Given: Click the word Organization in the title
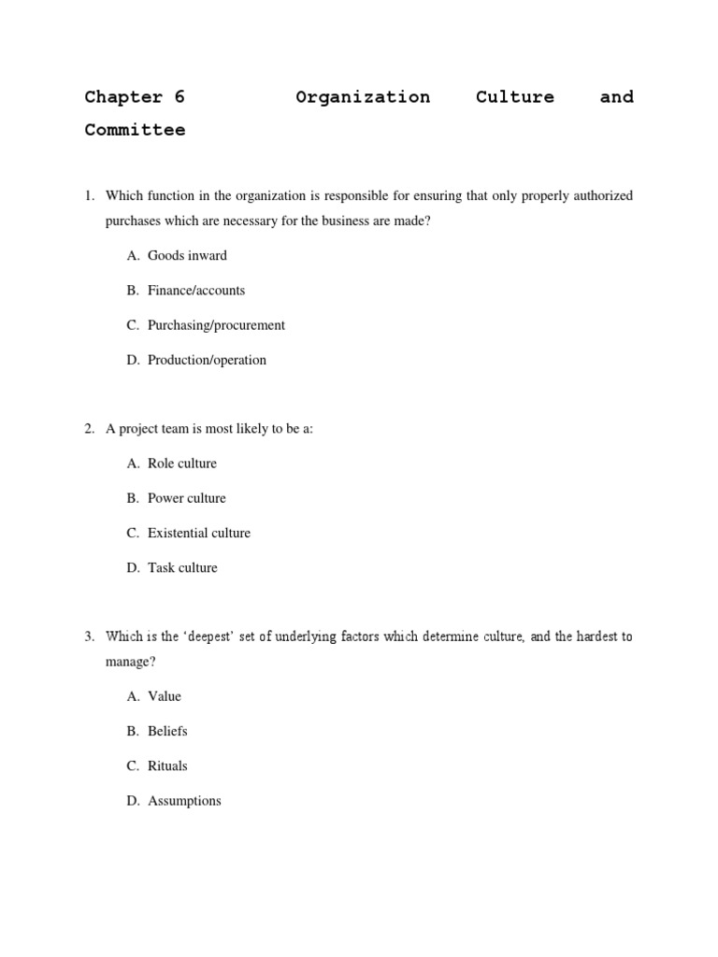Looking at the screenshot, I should point(363,97).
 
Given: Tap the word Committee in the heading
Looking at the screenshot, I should point(135,131).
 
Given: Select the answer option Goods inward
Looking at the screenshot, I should point(187,255).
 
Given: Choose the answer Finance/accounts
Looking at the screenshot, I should point(196,290).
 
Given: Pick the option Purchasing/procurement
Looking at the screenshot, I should point(216,325).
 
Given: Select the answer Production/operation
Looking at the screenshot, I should point(207,360).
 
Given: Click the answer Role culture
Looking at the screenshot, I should point(181,464).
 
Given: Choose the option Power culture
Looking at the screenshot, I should point(186,498).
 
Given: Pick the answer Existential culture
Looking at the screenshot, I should point(199,533).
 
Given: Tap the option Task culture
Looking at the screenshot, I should point(182,567).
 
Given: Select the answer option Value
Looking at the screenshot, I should point(165,696).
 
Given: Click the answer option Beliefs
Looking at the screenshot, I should point(167,731).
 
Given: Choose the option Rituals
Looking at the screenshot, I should point(167,765).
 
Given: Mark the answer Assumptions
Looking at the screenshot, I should point(184,801).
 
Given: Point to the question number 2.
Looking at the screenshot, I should point(89,429).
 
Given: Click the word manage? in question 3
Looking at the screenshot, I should point(130,662).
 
